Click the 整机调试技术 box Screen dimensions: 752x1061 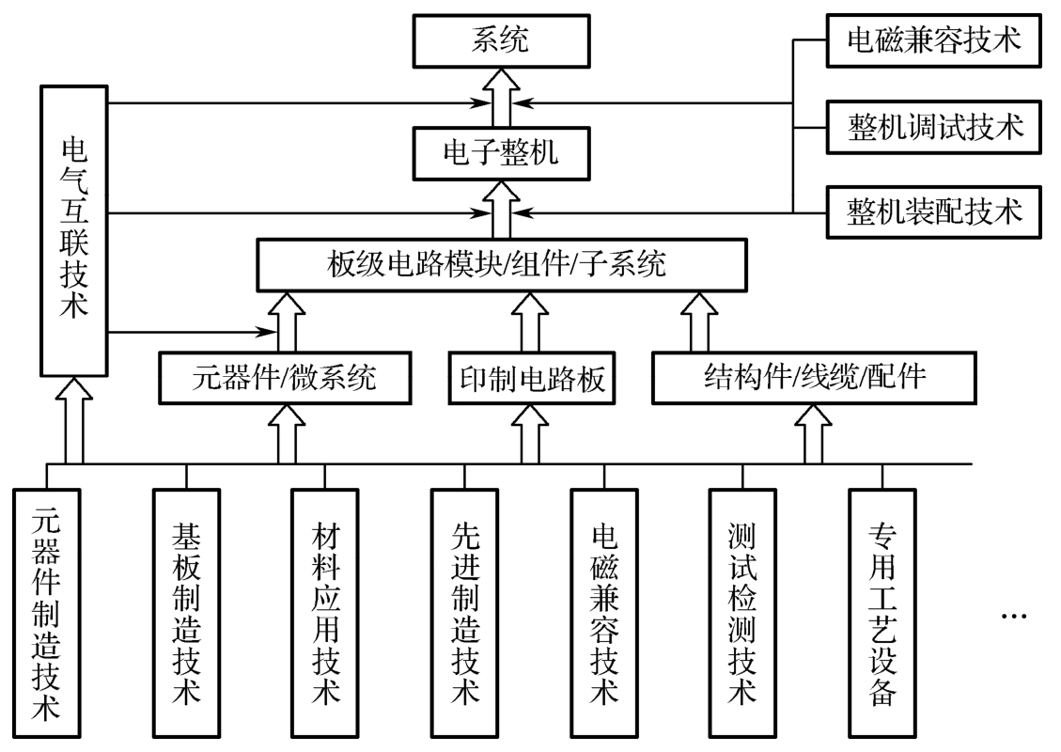click(x=935, y=125)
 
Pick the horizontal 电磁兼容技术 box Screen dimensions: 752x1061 click(x=935, y=40)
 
